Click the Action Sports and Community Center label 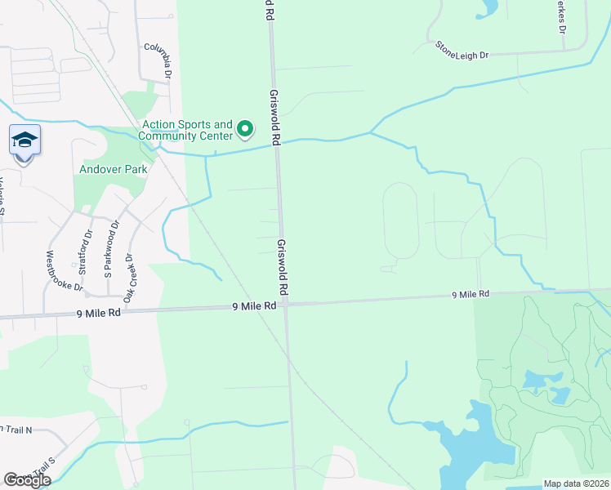187,130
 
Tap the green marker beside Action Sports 244,129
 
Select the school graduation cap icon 25,140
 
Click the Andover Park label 113,170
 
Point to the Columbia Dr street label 158,60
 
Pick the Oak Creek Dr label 128,274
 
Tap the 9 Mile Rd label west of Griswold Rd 99,312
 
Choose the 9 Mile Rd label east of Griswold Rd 471,294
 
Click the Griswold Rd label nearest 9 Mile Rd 283,268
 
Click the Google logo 27,480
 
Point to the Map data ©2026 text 576,483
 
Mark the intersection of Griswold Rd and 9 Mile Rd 285,305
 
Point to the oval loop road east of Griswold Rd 400,220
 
